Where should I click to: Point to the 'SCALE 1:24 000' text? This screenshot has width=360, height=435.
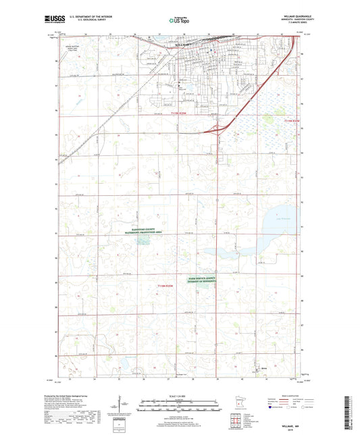pos(180,396)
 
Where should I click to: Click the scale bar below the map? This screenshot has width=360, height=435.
pos(180,403)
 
